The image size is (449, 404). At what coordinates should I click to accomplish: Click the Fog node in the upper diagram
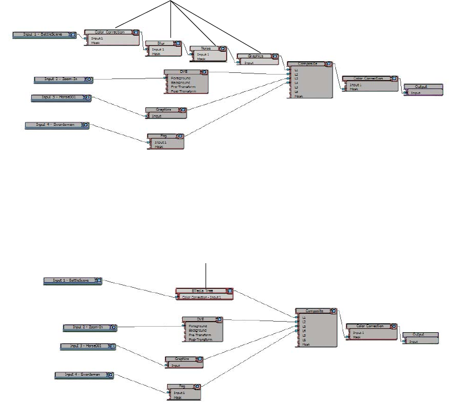click(165, 135)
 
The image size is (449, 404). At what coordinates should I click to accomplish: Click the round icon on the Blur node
click(178, 43)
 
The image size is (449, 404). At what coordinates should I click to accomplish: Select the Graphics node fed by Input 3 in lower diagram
click(183, 359)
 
